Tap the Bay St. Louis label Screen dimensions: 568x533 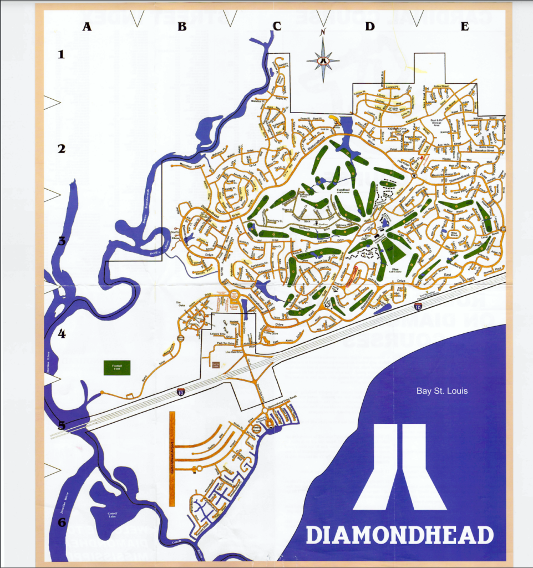[442, 391]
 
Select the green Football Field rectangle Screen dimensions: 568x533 [117, 368]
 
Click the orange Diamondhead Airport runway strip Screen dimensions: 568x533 [172, 458]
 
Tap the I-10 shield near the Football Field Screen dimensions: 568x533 [180, 392]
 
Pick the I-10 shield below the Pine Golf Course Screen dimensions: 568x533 [418, 306]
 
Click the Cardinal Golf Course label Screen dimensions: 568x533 [342, 191]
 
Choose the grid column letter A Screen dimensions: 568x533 [87, 26]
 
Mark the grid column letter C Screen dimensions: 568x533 [276, 26]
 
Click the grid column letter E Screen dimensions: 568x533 [465, 26]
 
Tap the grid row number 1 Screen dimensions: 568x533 [62, 54]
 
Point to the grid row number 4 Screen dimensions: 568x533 [62, 334]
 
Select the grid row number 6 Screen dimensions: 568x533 [62, 522]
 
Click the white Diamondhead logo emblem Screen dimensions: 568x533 [399, 467]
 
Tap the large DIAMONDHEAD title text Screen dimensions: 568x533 [399, 535]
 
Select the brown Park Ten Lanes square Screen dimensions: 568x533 [215, 364]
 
